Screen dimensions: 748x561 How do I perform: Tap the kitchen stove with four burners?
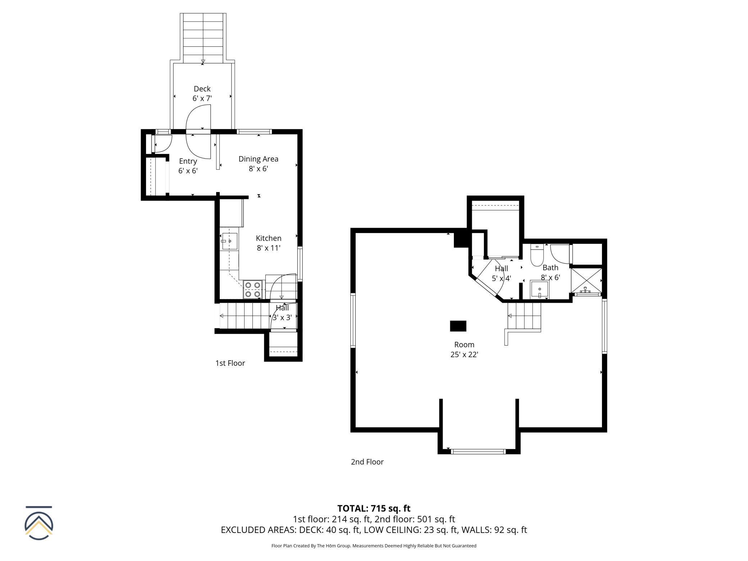coord(253,289)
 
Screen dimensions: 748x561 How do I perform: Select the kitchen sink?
coord(229,241)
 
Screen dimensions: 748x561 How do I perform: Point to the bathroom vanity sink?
coord(539,290)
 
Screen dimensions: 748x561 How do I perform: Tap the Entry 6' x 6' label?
coord(188,166)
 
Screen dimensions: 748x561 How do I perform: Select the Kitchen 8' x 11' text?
coord(269,243)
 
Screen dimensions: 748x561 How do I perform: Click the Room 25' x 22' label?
coord(464,349)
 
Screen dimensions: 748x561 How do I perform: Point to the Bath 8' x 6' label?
coord(551,272)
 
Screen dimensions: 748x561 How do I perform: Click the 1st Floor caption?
coord(230,363)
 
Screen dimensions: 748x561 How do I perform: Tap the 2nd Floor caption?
coord(367,462)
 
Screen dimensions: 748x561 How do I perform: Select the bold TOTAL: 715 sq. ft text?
coord(374,508)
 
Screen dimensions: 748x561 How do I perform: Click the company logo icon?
coord(39,523)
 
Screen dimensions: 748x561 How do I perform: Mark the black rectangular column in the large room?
coord(458,326)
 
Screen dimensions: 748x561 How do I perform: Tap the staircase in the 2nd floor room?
coord(524,316)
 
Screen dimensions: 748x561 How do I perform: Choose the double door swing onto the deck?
coord(198,131)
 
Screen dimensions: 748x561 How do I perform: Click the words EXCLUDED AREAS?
coord(259,530)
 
